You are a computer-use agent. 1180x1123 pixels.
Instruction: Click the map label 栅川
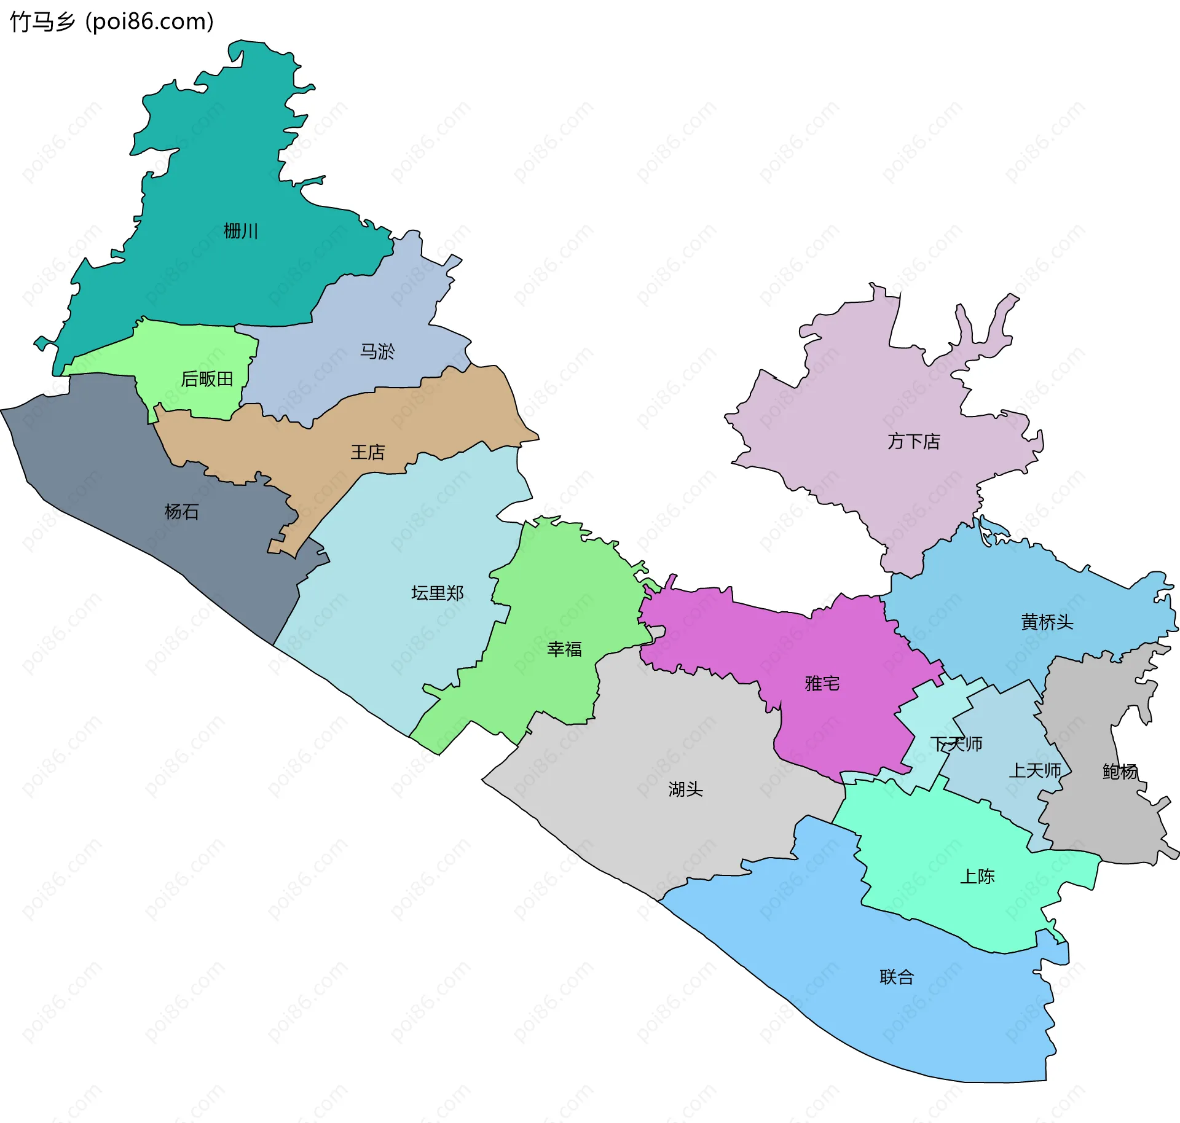pyautogui.click(x=240, y=231)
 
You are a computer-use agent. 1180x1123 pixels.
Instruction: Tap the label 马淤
pyautogui.click(x=377, y=351)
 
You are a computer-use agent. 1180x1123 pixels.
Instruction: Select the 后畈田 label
pyautogui.click(x=207, y=379)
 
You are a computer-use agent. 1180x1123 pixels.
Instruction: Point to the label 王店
pyautogui.click(x=368, y=452)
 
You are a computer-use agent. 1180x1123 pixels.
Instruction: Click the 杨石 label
pyautogui.click(x=181, y=511)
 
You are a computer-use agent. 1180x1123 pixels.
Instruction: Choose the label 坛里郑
pyautogui.click(x=437, y=593)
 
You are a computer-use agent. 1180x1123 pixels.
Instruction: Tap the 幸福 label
pyautogui.click(x=564, y=649)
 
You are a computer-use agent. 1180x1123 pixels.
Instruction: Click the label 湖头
pyautogui.click(x=685, y=789)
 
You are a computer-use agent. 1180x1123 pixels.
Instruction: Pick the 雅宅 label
pyautogui.click(x=822, y=683)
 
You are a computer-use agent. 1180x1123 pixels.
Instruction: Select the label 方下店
pyautogui.click(x=913, y=441)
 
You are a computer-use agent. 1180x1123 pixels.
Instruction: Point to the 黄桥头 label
pyautogui.click(x=1047, y=622)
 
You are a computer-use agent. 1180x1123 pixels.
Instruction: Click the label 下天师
pyautogui.click(x=956, y=744)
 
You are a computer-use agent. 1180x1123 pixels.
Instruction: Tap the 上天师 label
pyautogui.click(x=1035, y=770)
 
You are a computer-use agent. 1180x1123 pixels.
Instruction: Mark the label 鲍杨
pyautogui.click(x=1119, y=771)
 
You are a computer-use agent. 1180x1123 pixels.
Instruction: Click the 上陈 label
pyautogui.click(x=977, y=876)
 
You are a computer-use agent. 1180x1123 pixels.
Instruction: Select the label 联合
pyautogui.click(x=897, y=977)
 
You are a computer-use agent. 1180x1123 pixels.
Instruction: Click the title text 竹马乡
pyautogui.click(x=42, y=22)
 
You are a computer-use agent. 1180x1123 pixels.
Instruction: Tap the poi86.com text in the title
pyautogui.click(x=150, y=22)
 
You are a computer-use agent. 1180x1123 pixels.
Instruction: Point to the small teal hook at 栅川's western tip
pyautogui.click(x=42, y=343)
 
